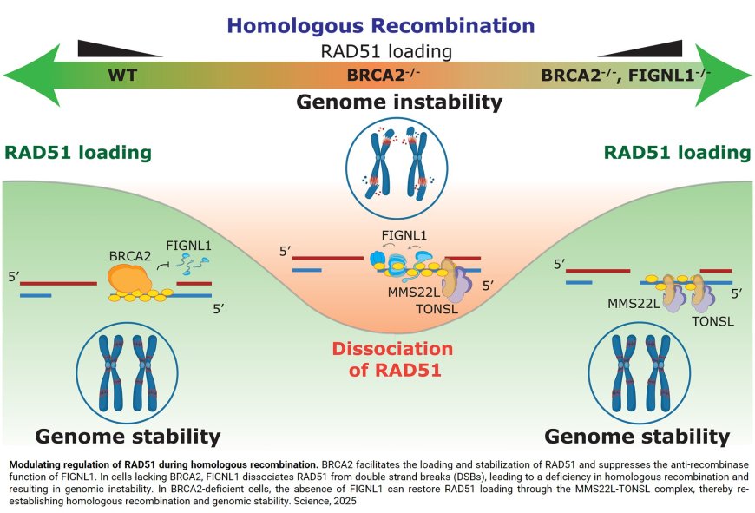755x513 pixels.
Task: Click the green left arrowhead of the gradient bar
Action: tap(24, 75)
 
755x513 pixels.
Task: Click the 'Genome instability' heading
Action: tap(399, 102)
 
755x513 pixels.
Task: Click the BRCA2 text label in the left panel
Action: tap(131, 257)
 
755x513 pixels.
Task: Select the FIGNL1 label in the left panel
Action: tap(191, 247)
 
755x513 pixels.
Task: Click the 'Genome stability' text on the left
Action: tap(127, 435)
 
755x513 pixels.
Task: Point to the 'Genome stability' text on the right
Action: tap(636, 435)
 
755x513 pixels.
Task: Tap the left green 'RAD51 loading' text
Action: tap(78, 154)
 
